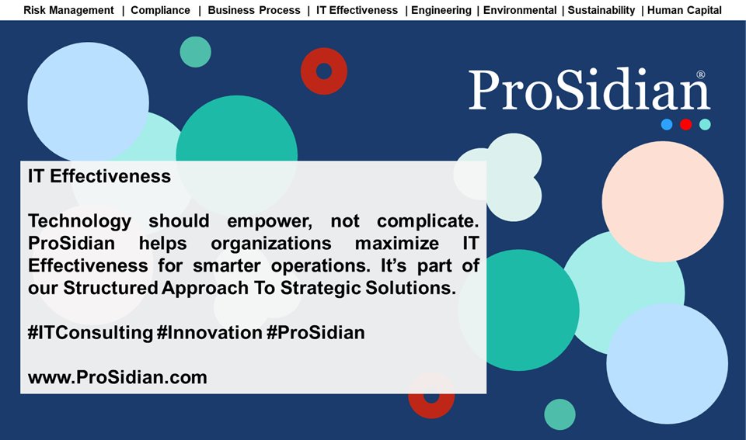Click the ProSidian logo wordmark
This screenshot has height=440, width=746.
click(x=588, y=92)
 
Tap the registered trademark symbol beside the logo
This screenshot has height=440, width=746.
click(x=701, y=75)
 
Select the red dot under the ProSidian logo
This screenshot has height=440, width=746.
click(x=685, y=124)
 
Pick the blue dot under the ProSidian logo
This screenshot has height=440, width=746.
click(x=667, y=124)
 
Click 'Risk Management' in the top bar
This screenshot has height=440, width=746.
click(x=68, y=10)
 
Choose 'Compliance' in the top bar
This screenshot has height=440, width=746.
click(x=160, y=10)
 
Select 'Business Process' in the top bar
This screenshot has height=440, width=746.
click(x=253, y=10)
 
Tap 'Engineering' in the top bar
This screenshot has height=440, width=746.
click(x=441, y=10)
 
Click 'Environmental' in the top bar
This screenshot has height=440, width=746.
click(x=520, y=10)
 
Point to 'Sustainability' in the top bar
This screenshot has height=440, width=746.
click(x=601, y=10)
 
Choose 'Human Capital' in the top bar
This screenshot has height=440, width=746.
click(x=684, y=10)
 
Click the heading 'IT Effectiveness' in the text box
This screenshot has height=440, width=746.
click(x=99, y=176)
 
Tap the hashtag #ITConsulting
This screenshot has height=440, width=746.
click(x=89, y=333)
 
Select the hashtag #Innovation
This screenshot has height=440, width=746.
click(x=209, y=333)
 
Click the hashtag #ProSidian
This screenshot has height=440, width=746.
click(x=315, y=333)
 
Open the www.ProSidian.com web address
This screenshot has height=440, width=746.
click(x=117, y=378)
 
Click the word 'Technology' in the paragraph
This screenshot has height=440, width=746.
click(x=79, y=221)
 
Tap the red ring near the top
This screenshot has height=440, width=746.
click(x=324, y=71)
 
